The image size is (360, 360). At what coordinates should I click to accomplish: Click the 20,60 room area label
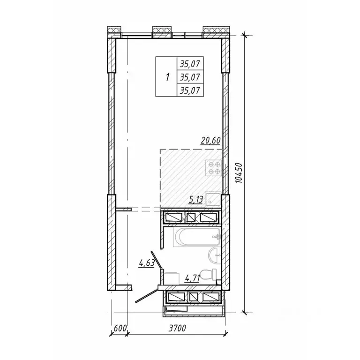coord(210,140)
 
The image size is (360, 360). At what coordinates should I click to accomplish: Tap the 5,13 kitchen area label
coord(195,200)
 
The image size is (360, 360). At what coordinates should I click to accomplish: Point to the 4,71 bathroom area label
coord(192,279)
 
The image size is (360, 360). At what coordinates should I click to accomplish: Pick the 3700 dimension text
coord(177,328)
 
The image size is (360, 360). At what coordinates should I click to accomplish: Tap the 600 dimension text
coord(120,328)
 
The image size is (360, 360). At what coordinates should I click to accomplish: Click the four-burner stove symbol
coord(214,168)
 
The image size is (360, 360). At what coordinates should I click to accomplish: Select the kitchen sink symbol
coord(213,200)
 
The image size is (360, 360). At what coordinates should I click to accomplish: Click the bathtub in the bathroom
coord(197,237)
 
